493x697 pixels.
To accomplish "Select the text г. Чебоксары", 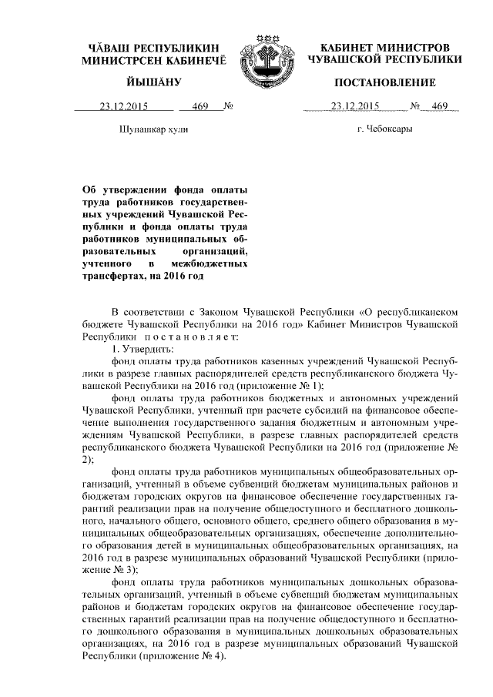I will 385,129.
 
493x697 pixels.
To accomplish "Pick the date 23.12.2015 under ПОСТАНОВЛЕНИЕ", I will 354,107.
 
